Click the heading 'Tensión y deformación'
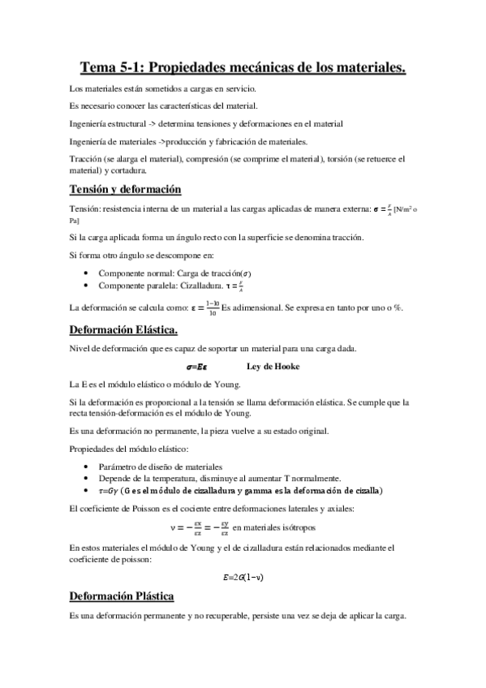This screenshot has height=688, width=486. pos(126,189)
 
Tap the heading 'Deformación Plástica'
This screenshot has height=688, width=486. pos(123,596)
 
